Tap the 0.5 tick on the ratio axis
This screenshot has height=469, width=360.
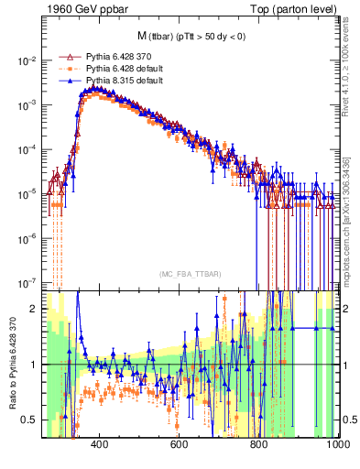point(31,420)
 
